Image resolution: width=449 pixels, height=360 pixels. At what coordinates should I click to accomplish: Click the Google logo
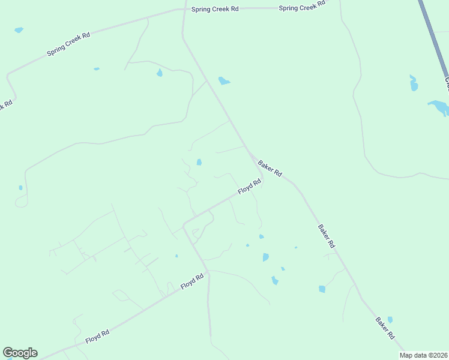click(20, 353)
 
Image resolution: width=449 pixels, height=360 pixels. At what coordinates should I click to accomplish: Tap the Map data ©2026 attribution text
click(424, 355)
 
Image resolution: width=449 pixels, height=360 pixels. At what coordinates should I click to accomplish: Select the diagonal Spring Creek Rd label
click(68, 44)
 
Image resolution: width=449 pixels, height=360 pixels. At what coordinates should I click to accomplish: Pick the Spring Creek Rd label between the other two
click(215, 9)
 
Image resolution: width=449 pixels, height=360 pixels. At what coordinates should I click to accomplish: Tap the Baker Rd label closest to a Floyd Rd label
click(270, 168)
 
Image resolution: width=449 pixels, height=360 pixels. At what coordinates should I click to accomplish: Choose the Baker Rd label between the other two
click(326, 236)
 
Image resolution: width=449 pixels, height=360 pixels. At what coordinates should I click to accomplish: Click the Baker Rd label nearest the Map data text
click(385, 328)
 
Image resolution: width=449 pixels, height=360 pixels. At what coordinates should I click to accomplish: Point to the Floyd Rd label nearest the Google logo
click(97, 336)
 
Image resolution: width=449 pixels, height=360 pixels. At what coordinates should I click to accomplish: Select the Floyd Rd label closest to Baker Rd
click(250, 187)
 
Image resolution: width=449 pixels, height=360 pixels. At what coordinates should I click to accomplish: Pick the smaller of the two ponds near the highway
click(414, 83)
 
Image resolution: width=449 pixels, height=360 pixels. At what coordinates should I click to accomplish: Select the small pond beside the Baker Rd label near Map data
click(390, 320)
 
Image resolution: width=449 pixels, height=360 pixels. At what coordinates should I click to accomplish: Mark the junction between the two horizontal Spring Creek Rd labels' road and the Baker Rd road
click(184, 10)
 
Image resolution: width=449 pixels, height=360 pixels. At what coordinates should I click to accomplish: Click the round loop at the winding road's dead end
click(21, 202)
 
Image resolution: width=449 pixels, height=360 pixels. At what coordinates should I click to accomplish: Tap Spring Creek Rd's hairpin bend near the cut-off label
click(8, 77)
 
